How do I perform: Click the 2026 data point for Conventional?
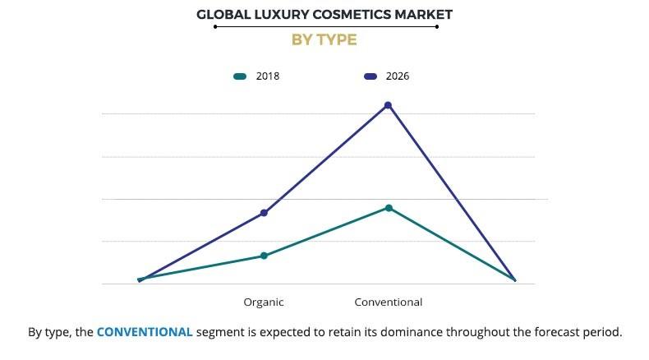pos(388,105)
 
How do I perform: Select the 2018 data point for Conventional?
pos(389,208)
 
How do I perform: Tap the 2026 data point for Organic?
pos(264,213)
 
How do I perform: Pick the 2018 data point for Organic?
pos(264,256)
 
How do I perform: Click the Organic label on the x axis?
pos(264,302)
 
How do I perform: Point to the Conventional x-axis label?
pos(388,302)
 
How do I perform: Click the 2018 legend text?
pos(269,76)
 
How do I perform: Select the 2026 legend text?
pos(397,76)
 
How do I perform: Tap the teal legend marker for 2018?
pos(240,76)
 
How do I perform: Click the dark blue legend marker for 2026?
pos(370,76)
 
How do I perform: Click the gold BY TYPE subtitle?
pos(324,39)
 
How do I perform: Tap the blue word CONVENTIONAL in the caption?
pos(145,332)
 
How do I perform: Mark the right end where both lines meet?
pos(514,280)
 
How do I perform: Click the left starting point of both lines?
pos(140,280)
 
